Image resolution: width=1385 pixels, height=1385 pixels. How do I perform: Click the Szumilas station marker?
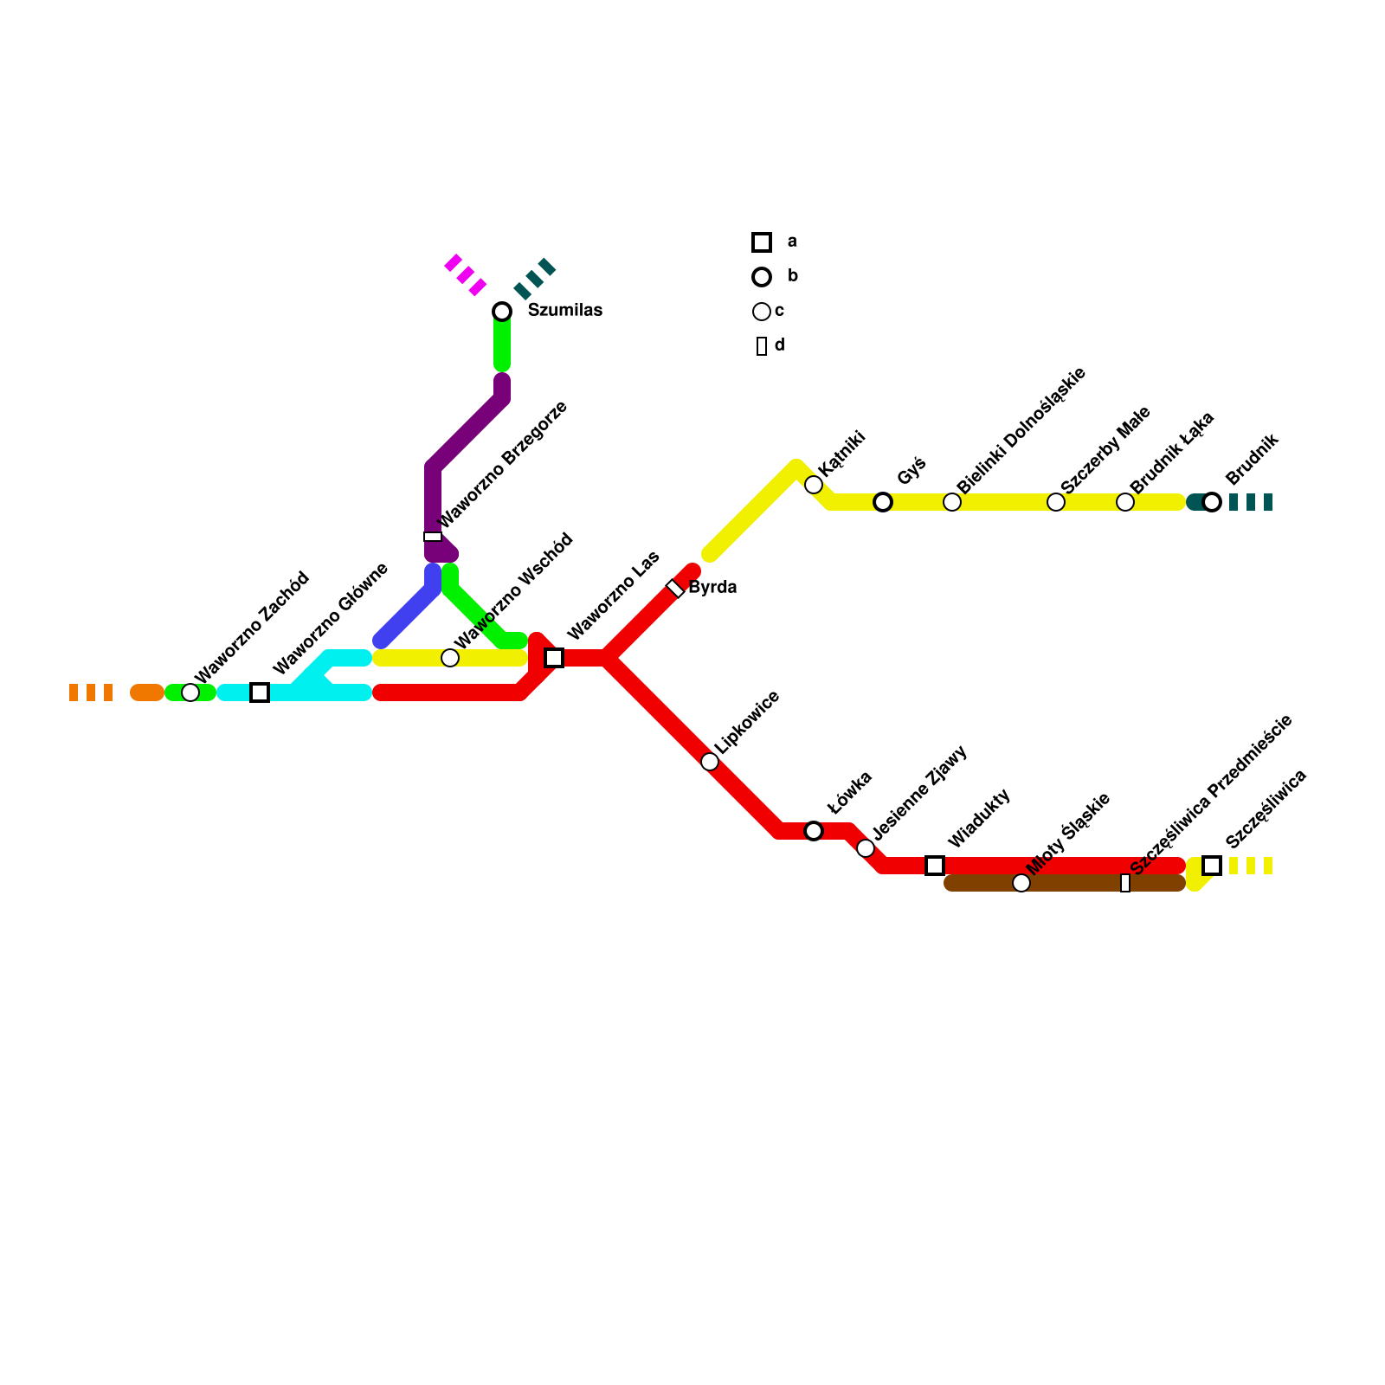click(502, 312)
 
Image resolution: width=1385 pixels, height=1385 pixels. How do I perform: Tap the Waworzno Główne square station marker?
click(260, 692)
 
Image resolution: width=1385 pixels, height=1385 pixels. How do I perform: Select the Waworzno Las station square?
click(554, 658)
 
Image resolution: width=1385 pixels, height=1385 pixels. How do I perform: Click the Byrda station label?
click(712, 588)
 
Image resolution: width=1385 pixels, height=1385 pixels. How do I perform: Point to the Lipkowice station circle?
click(710, 762)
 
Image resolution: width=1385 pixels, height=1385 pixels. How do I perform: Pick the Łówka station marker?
click(814, 831)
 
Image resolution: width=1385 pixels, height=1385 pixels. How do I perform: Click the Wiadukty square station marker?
click(935, 866)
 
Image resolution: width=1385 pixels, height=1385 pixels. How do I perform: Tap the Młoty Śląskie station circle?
click(1021, 883)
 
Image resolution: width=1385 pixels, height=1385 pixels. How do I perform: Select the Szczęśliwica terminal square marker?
click(1212, 866)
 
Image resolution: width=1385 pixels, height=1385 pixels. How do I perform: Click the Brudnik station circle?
click(1212, 502)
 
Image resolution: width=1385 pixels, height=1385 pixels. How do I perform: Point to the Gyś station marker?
click(883, 502)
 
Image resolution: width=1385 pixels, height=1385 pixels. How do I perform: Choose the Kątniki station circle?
click(814, 485)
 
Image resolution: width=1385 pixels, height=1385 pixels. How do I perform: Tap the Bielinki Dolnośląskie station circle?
click(952, 502)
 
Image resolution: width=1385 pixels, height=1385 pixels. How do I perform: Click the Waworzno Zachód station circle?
click(190, 692)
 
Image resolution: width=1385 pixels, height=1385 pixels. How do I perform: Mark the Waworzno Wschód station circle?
click(450, 658)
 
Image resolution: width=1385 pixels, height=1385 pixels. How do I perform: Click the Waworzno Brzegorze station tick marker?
click(433, 537)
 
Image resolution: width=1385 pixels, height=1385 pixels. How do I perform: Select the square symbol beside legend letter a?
click(762, 242)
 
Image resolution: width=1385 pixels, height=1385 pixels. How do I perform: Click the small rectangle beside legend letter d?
click(762, 346)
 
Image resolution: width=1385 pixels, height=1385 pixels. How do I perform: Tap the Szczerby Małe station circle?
click(1056, 502)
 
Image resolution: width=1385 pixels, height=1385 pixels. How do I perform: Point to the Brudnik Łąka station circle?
click(1125, 502)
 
